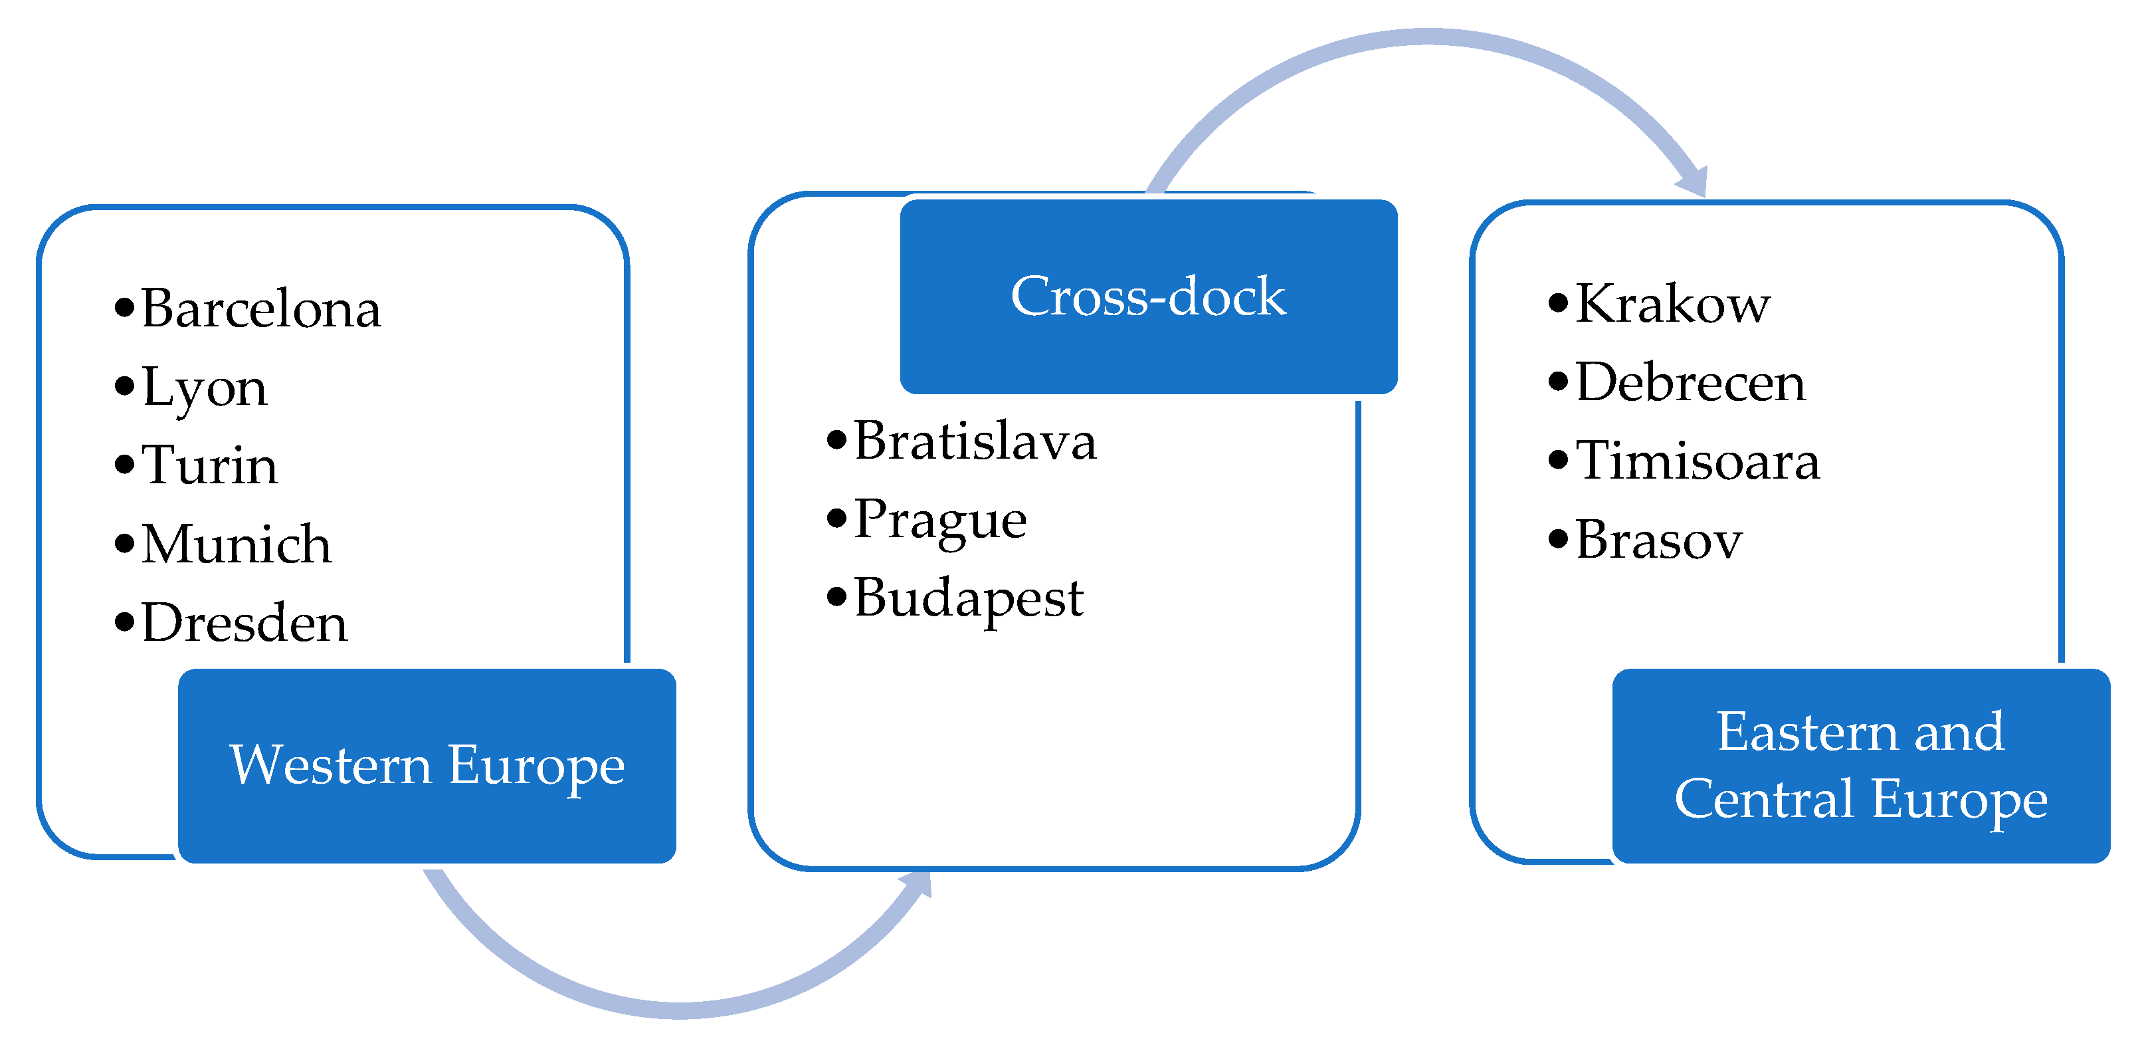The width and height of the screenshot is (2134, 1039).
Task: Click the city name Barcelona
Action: pos(260,308)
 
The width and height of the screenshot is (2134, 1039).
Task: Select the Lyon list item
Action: pos(205,387)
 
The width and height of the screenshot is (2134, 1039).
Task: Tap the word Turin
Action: pos(209,465)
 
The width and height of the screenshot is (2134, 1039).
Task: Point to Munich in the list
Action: pos(236,544)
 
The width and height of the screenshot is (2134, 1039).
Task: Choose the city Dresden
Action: pos(244,622)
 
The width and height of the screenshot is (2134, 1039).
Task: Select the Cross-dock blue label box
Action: pos(1148,296)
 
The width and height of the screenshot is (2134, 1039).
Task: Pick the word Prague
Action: pos(940,520)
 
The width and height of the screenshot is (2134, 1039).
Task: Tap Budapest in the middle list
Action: pos(969,598)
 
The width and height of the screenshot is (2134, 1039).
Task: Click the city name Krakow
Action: pos(1672,303)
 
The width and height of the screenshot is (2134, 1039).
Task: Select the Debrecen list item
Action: pos(1690,382)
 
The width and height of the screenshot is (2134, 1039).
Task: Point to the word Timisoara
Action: pos(1697,461)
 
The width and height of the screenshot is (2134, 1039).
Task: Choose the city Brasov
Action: pos(1658,539)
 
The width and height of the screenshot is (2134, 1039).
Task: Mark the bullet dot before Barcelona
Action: pos(124,307)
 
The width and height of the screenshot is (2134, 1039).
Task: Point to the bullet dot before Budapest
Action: pos(836,596)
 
